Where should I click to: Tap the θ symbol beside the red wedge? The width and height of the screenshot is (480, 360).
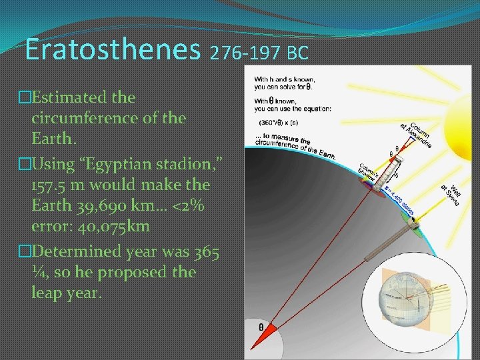coord(260,327)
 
